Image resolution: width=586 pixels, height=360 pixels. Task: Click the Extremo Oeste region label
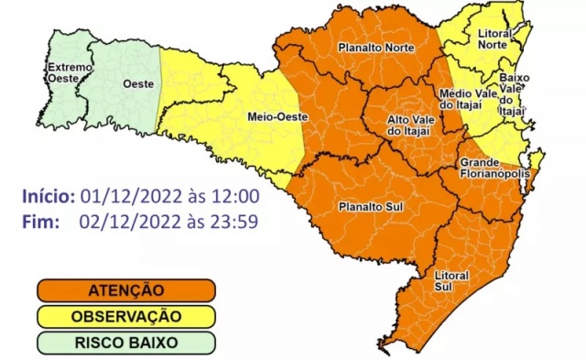[x=70, y=72]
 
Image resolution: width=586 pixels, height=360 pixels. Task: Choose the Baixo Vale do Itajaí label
[x=510, y=94]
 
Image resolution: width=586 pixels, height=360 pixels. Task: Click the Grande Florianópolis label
[x=490, y=169]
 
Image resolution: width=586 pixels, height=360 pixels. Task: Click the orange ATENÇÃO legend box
[x=126, y=290]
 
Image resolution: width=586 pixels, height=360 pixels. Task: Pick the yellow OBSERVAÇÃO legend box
[x=126, y=316]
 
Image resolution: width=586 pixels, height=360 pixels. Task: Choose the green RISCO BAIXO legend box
[x=126, y=343]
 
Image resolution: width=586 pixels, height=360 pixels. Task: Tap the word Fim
[x=42, y=221]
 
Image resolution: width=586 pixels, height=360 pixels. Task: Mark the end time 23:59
[x=235, y=221]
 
